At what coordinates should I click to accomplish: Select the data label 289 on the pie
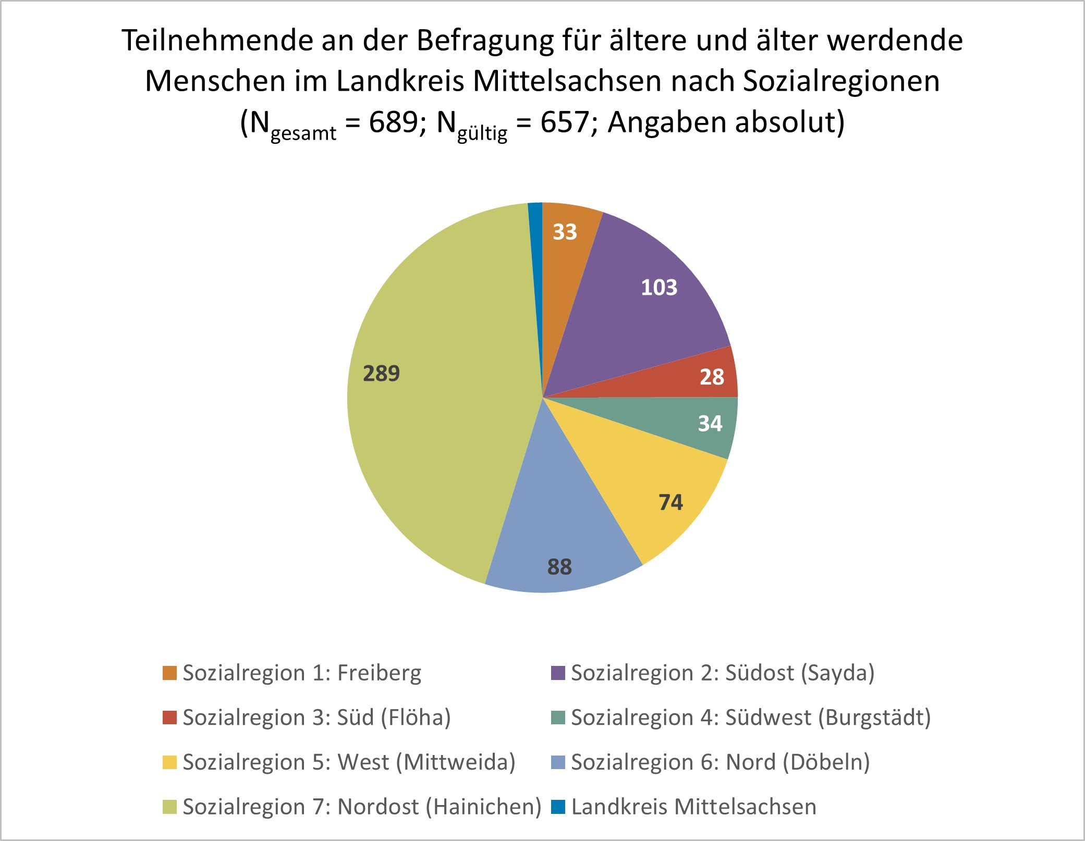[381, 374]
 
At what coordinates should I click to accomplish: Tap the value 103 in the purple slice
[659, 288]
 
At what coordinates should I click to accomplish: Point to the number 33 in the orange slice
[565, 232]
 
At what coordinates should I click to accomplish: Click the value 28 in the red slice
[712, 377]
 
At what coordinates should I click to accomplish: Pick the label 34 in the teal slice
[710, 424]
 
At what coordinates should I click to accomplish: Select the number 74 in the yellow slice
[670, 502]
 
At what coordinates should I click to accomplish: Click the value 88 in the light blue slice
[559, 567]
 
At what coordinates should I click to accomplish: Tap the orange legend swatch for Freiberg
[169, 673]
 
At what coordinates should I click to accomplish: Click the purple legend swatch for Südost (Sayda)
[558, 673]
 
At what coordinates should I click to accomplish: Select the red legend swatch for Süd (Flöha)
[169, 718]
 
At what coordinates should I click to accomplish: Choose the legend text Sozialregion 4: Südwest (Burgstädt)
[751, 718]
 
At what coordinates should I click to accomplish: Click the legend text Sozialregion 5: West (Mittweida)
[349, 762]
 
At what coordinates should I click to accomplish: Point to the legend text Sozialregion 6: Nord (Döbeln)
[721, 762]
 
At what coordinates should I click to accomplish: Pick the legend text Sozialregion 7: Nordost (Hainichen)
[362, 807]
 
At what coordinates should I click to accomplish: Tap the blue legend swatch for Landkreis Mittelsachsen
[558, 807]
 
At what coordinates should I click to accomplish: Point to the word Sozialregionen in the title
[841, 81]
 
